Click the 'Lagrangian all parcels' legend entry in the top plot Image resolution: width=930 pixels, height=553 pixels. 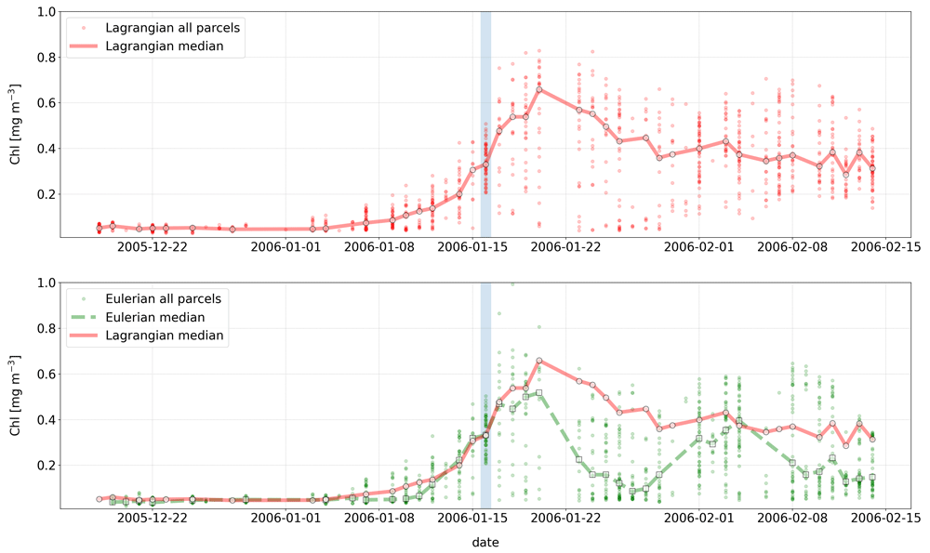coord(153,28)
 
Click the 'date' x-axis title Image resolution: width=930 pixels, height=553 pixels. coord(485,543)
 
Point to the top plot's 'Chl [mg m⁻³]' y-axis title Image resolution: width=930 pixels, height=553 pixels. coord(16,125)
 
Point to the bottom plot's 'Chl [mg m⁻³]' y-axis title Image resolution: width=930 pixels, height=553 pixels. coord(16,395)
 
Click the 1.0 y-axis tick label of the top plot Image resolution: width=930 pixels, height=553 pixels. coord(46,12)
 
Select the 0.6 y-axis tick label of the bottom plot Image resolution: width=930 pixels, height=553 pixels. coord(46,374)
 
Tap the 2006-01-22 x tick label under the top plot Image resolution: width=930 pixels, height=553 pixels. coord(565,246)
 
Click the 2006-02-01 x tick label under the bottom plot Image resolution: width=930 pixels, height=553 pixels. coord(698,518)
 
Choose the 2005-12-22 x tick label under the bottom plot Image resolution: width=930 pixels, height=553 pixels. coord(153,518)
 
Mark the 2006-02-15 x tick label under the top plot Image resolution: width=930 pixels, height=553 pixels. coord(885,246)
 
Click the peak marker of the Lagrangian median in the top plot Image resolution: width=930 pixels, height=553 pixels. coord(539,89)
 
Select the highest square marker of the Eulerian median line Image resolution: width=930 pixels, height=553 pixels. coord(539,392)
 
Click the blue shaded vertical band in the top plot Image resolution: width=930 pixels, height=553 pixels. coord(485,125)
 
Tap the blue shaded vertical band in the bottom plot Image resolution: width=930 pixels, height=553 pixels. coord(485,395)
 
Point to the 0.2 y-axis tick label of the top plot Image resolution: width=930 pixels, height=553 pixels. coord(46,194)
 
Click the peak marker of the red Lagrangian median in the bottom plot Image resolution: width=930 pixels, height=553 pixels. coord(539,361)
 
